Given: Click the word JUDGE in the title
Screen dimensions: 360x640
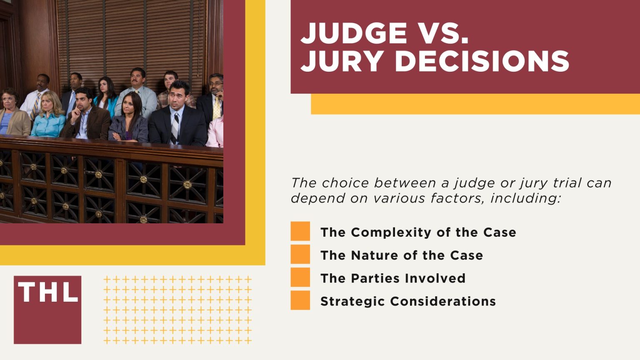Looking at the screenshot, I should click(353, 33).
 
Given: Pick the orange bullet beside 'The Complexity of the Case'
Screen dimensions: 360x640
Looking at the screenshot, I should click(300, 231).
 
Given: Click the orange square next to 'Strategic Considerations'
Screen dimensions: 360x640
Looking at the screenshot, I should click(300, 300).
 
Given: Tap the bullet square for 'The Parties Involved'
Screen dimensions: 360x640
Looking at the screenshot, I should click(300, 277).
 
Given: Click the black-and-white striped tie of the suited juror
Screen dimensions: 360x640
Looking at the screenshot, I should click(175, 125).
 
